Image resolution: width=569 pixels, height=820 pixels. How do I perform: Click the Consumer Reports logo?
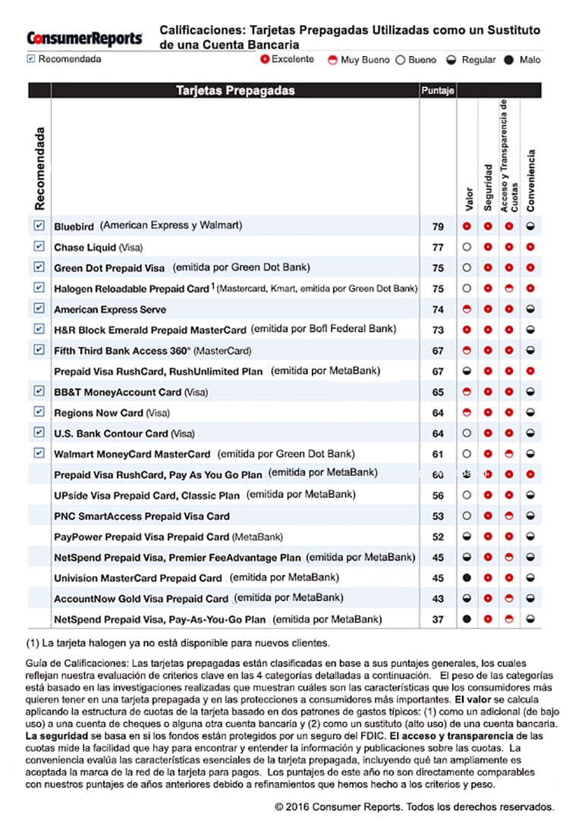84,38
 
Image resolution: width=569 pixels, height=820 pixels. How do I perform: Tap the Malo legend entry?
523,59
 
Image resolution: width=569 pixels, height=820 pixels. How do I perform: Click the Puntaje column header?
437,91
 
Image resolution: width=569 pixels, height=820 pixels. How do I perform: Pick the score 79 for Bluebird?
438,227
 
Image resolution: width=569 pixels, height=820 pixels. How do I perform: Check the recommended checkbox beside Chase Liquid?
39,247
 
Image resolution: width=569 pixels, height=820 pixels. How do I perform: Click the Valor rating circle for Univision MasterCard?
467,577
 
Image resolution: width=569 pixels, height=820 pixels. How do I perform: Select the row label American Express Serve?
110,309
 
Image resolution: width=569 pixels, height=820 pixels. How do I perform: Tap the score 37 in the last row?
438,619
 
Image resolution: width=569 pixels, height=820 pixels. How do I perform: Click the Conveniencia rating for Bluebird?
531,227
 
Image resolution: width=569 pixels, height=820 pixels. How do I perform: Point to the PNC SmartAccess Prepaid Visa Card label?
142,516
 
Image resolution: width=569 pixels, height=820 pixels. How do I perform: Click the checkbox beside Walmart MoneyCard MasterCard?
39,453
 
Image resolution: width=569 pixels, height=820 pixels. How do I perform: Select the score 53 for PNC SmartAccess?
438,516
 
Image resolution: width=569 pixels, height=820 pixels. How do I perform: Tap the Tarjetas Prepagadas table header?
235,91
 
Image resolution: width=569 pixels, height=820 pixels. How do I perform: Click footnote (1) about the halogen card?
178,643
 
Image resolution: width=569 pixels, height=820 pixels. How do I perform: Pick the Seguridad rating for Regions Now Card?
489,412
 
